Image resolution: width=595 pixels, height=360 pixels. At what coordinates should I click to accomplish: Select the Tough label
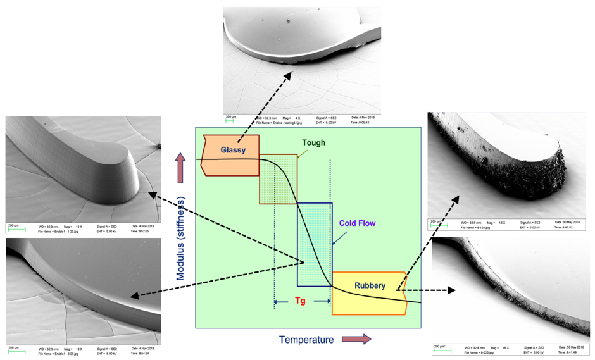pyautogui.click(x=313, y=143)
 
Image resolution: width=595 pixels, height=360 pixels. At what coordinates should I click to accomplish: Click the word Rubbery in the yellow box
pyautogui.click(x=370, y=285)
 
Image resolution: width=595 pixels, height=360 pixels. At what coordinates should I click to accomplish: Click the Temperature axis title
pyautogui.click(x=306, y=340)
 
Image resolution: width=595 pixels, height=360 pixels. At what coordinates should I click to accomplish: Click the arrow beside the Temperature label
pyautogui.click(x=357, y=339)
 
